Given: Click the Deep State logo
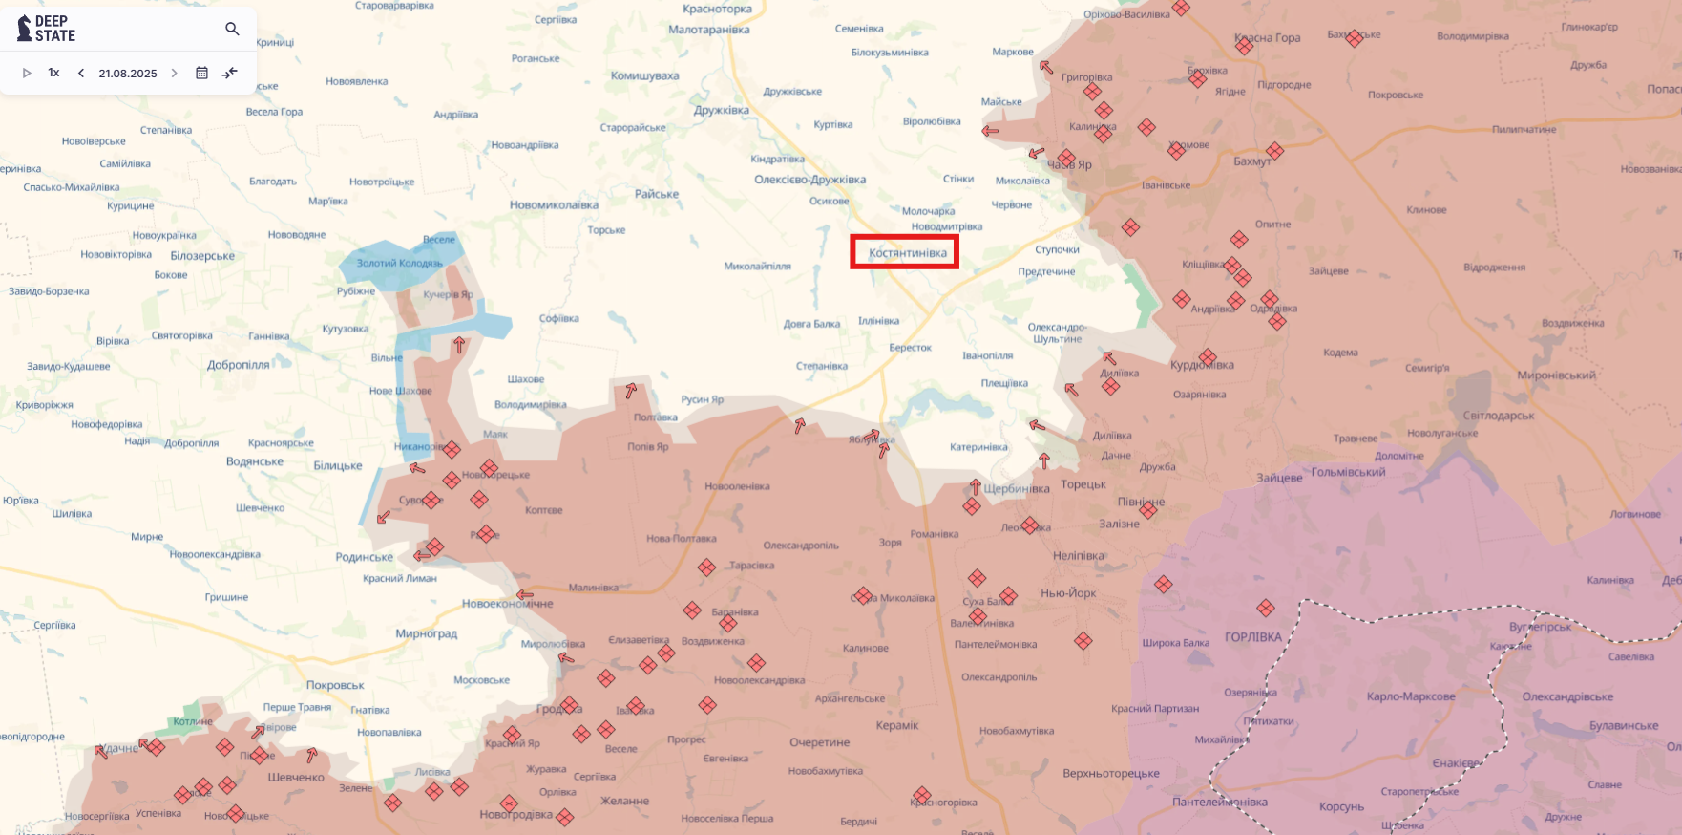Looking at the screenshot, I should point(46,29).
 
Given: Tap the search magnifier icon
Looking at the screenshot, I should point(232,29).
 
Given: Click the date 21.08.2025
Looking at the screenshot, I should point(128,74).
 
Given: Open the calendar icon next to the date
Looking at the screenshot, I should point(201,73).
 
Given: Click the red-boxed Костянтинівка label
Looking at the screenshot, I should point(907,253).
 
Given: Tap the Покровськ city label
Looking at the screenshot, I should point(335,685).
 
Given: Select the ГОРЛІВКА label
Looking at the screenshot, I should point(1252,637).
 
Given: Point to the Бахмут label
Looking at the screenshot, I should point(1251,161).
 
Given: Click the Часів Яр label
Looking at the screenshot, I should point(1070,164).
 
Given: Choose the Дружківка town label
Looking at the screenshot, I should point(721,110).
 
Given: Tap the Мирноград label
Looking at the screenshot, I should point(426,633).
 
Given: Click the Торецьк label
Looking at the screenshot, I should point(1083,484).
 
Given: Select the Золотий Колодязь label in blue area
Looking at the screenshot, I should point(400,263).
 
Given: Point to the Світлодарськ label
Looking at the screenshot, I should point(1499,416).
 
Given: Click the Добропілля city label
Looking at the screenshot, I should point(239,365).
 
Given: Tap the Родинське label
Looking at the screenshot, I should point(364,557).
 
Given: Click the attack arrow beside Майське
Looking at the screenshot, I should point(990,131).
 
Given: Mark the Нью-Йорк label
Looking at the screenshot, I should point(1068,593).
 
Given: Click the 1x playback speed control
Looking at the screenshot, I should point(54,73).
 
